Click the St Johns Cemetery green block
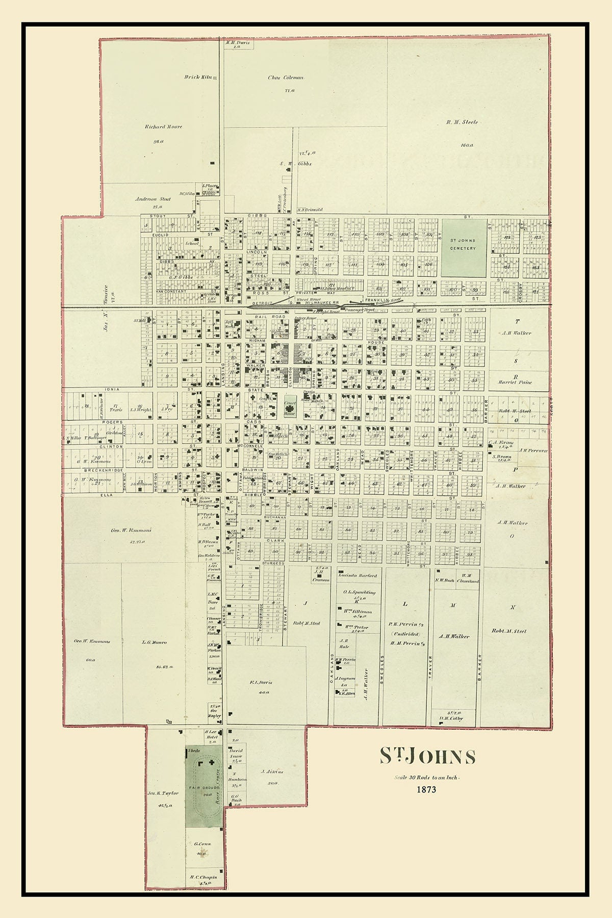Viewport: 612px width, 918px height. coord(463,248)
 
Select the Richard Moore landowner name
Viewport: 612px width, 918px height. coord(163,126)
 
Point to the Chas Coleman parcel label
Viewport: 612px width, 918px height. coord(286,78)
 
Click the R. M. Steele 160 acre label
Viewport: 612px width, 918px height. coord(462,122)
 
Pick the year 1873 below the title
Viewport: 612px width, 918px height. coord(426,790)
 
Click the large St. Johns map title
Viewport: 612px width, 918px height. coord(427,757)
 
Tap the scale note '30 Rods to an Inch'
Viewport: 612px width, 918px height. coord(426,778)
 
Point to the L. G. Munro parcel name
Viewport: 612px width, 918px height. coord(154,643)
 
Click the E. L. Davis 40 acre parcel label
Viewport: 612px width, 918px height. coord(261,682)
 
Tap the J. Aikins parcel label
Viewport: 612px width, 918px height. coord(272,772)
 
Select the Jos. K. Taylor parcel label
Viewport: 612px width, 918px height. coord(163,793)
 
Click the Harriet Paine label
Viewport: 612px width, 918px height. coord(515,382)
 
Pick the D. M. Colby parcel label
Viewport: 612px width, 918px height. coord(451,719)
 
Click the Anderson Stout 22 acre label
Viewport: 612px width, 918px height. coord(153,199)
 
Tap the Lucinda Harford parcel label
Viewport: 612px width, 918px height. coord(358,575)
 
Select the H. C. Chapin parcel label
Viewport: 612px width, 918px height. coord(203,878)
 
